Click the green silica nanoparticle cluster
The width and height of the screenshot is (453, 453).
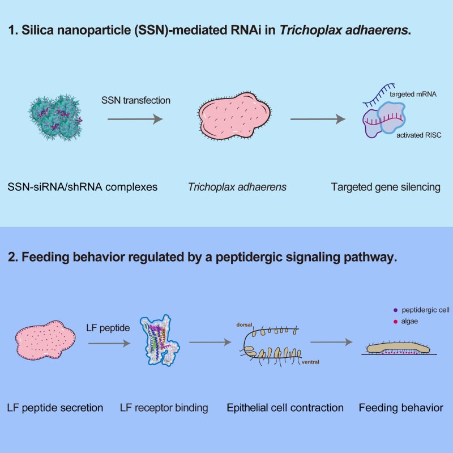click(x=55, y=117)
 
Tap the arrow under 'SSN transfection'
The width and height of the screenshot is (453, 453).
click(x=135, y=119)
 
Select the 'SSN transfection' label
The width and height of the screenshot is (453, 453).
click(x=136, y=100)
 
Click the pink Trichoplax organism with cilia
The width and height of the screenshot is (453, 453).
click(x=234, y=116)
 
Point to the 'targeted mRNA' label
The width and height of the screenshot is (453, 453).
click(x=413, y=94)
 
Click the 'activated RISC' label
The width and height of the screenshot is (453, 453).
click(x=419, y=135)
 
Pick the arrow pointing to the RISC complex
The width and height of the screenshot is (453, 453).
click(x=318, y=119)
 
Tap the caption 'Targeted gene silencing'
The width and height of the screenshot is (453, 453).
click(x=386, y=187)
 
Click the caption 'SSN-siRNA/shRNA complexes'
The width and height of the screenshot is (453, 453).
click(x=82, y=187)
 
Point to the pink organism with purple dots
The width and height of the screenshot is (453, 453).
click(x=45, y=340)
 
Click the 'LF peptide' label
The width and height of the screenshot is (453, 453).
click(x=108, y=328)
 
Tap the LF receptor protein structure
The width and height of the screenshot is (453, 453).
click(x=160, y=340)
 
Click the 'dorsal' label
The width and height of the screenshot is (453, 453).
click(x=245, y=324)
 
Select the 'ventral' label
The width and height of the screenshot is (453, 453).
click(x=310, y=362)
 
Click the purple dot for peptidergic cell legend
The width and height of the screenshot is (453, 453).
click(x=395, y=310)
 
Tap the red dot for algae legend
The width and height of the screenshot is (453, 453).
click(x=395, y=322)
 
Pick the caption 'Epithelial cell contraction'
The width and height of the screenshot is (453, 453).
click(x=285, y=408)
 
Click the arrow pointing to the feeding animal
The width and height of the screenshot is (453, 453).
click(x=331, y=342)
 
